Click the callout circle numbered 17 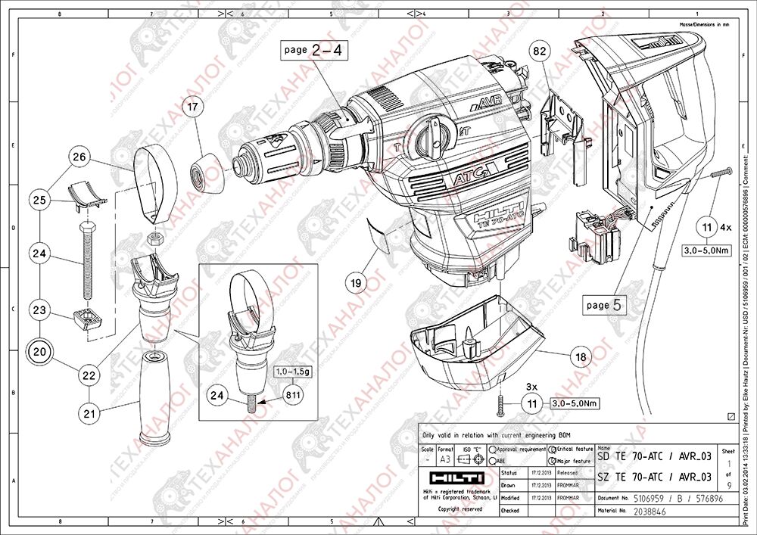pos(193,108)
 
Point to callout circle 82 pos(539,51)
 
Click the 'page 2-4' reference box pos(312,50)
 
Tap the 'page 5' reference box pos(606,306)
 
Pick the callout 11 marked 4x pos(707,226)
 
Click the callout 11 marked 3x pos(532,403)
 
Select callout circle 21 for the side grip pos(91,412)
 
